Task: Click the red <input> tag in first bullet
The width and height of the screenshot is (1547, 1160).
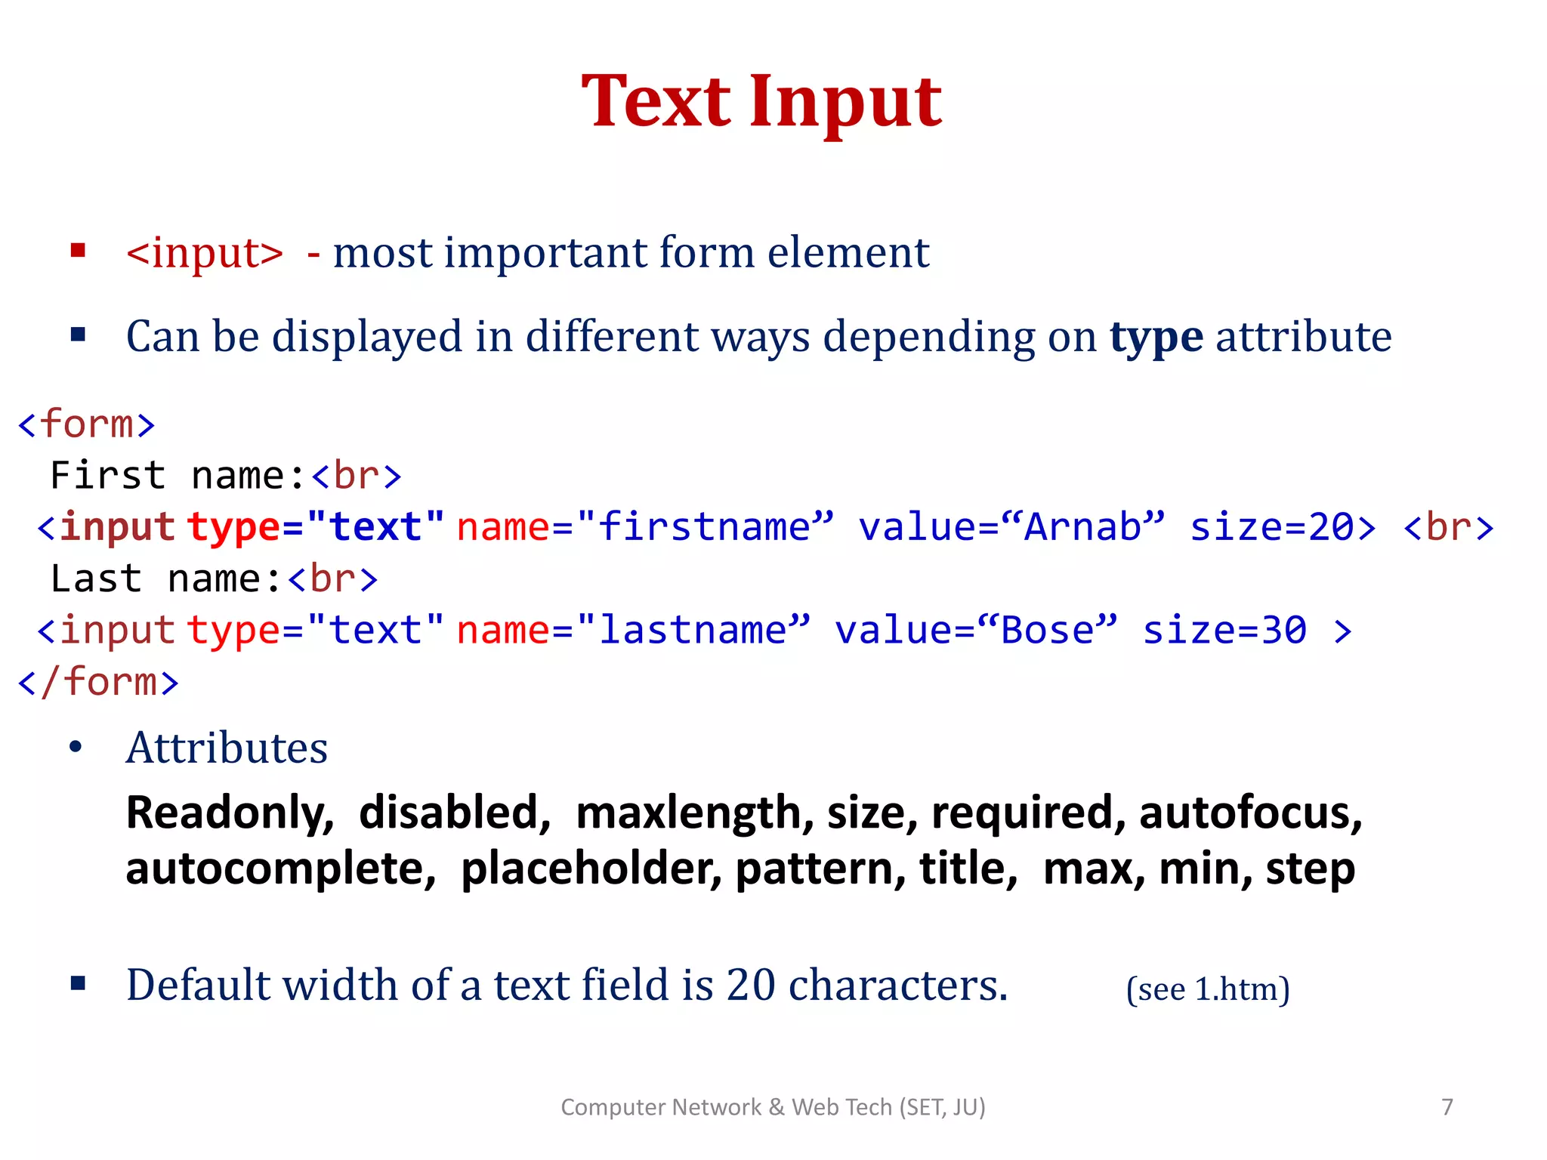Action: click(x=205, y=252)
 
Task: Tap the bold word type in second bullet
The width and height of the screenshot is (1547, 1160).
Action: click(x=1156, y=337)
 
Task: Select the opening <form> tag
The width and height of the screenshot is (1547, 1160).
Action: click(x=86, y=424)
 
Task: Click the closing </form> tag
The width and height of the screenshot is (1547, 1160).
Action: click(x=98, y=682)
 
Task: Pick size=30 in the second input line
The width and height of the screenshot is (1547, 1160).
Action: click(x=1224, y=630)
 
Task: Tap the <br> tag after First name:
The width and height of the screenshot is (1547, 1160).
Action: click(x=356, y=476)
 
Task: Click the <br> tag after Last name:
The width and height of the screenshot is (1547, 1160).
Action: click(x=332, y=579)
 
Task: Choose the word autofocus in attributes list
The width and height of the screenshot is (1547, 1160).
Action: click(x=1250, y=813)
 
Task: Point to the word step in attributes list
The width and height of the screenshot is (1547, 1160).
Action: click(x=1310, y=870)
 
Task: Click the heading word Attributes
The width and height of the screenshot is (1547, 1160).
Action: click(x=227, y=748)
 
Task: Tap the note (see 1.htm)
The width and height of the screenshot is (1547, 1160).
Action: click(x=1207, y=989)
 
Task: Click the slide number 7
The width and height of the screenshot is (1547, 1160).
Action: click(x=1447, y=1106)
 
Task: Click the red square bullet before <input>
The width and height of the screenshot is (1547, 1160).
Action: click(x=78, y=251)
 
